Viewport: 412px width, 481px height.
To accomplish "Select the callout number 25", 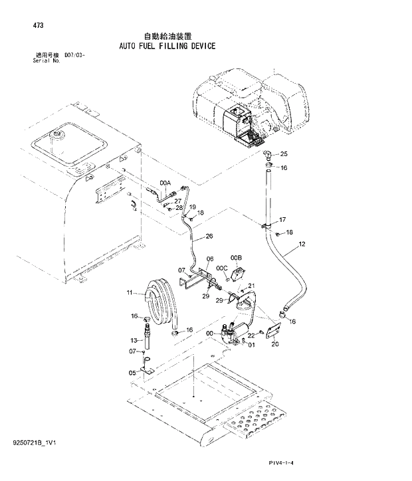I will click(284, 154).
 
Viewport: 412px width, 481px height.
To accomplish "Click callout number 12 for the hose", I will click(302, 244).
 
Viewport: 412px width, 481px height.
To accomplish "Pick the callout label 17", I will click(282, 220).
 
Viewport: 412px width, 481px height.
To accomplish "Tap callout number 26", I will click(209, 236).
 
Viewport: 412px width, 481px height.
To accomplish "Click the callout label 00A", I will click(165, 183).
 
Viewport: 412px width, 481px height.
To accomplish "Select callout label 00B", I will click(236, 257).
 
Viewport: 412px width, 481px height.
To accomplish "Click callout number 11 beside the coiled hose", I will click(130, 292).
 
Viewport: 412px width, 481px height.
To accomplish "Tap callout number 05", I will click(132, 373).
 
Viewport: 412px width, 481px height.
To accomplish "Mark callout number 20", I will click(275, 343).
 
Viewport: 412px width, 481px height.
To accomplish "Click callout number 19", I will click(192, 207).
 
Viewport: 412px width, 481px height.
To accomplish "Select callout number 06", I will click(209, 259).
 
